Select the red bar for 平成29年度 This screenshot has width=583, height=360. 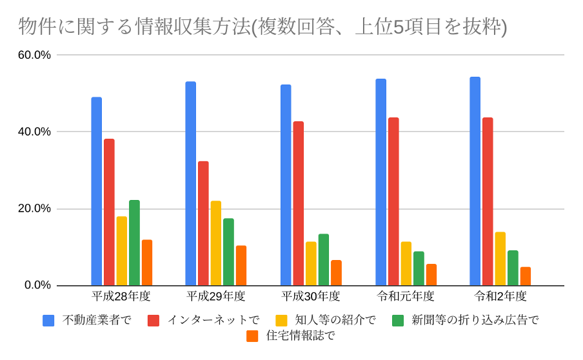click(x=203, y=223)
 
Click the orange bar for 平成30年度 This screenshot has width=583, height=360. click(x=336, y=273)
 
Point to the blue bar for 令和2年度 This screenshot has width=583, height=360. click(x=475, y=181)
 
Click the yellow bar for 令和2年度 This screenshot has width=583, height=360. click(x=500, y=259)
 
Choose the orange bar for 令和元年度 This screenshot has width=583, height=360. click(x=431, y=275)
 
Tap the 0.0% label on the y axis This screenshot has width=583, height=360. click(x=37, y=285)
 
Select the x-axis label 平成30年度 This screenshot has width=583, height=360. click(x=311, y=297)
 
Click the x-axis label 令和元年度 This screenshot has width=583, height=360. click(x=406, y=297)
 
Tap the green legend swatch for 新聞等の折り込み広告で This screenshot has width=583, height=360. click(x=399, y=320)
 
